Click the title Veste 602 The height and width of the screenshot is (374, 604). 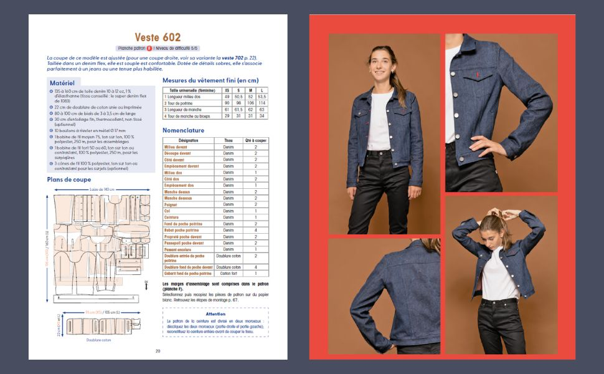point(158,37)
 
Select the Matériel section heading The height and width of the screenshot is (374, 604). point(62,82)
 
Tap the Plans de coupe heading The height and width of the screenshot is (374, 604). point(69,180)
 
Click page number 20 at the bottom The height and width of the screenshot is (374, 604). point(158,350)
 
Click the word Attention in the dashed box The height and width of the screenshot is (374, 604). point(215,314)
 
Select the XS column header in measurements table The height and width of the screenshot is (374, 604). point(227,90)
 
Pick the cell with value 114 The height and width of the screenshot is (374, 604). point(262,103)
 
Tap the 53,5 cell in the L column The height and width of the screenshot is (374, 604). point(262,97)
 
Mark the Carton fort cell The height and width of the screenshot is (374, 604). point(228,273)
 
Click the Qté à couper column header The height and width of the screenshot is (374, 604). point(255,140)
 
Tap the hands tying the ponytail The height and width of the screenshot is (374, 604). point(501,214)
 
